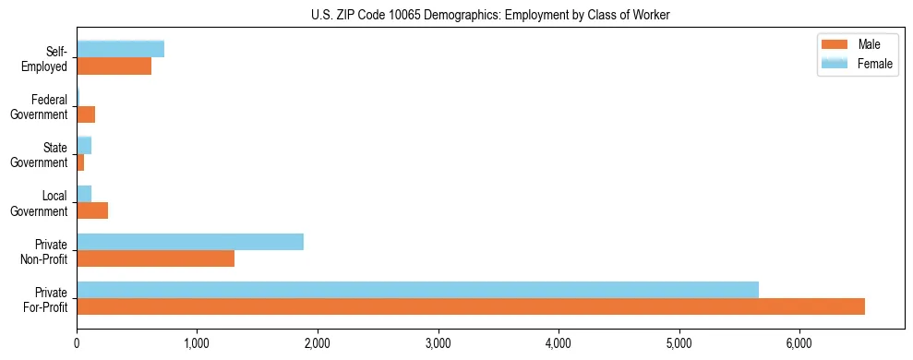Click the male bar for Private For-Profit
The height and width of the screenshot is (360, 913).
471,306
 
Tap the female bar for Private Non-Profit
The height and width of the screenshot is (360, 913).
190,242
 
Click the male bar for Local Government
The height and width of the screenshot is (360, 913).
92,210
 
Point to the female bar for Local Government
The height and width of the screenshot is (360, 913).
84,194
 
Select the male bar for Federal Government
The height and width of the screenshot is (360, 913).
86,114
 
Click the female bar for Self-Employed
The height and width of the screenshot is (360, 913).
120,49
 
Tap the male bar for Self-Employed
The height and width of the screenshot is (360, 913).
114,66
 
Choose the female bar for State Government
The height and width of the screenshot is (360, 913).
84,145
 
